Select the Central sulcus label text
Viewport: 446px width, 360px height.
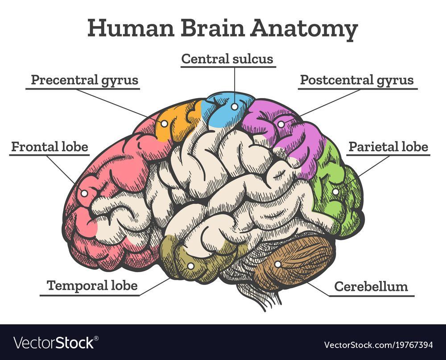click(227, 58)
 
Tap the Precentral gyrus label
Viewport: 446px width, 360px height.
click(84, 80)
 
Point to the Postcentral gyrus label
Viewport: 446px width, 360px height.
click(356, 80)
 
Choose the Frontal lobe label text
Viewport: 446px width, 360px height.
click(50, 147)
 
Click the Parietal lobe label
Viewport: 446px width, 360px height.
click(388, 147)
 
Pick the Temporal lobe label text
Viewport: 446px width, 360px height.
click(92, 286)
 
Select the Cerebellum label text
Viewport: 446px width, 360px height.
click(371, 286)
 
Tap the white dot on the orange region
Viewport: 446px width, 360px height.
click(164, 124)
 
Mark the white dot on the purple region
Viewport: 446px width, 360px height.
click(281, 124)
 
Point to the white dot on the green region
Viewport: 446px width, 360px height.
click(335, 192)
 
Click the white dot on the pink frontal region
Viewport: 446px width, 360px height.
click(83, 194)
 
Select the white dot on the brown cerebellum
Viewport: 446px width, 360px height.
click(277, 264)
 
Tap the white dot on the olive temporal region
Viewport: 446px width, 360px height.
click(190, 266)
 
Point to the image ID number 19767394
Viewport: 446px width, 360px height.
click(410, 345)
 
